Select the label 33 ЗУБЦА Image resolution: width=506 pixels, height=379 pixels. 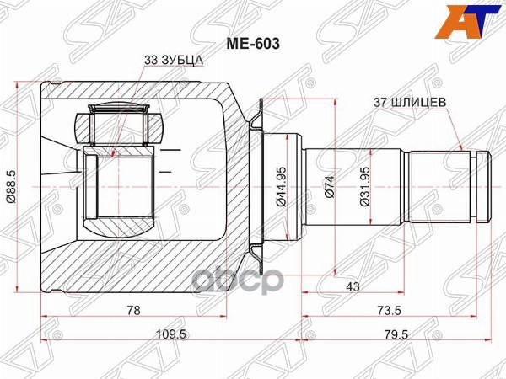[x=173, y=60]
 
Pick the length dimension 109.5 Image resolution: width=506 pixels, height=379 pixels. [x=171, y=334]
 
